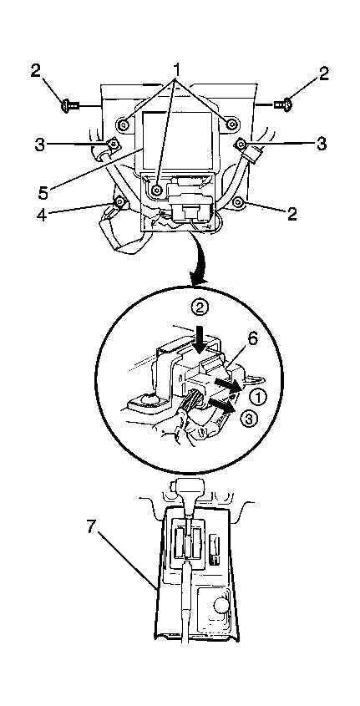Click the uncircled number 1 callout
pyautogui.click(x=177, y=70)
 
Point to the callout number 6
pyautogui.click(x=252, y=339)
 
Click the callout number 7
pyautogui.click(x=91, y=526)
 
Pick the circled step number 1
pyautogui.click(x=257, y=396)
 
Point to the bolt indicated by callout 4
pyautogui.click(x=119, y=203)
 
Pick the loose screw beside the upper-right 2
pyautogui.click(x=283, y=104)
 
